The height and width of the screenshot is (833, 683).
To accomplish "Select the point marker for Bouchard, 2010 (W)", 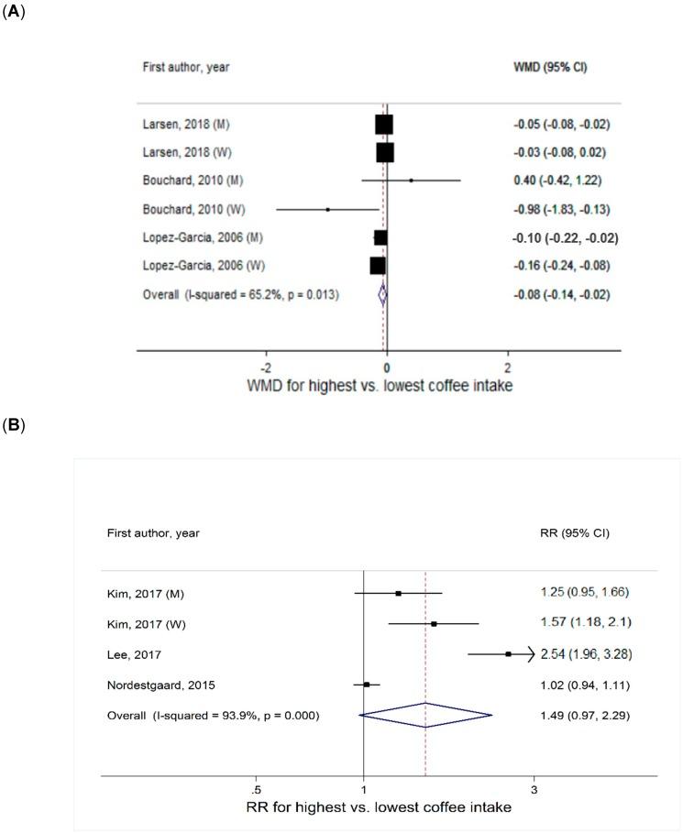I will point(327,209).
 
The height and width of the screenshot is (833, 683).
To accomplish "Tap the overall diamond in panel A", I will point(383,295).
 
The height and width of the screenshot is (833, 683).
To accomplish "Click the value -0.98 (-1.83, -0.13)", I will point(559,209).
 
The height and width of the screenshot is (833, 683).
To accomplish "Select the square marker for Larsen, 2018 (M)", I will point(383,124).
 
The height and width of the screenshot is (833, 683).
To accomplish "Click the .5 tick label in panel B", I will point(256,789).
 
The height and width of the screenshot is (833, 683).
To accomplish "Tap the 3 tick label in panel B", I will point(534,789).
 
